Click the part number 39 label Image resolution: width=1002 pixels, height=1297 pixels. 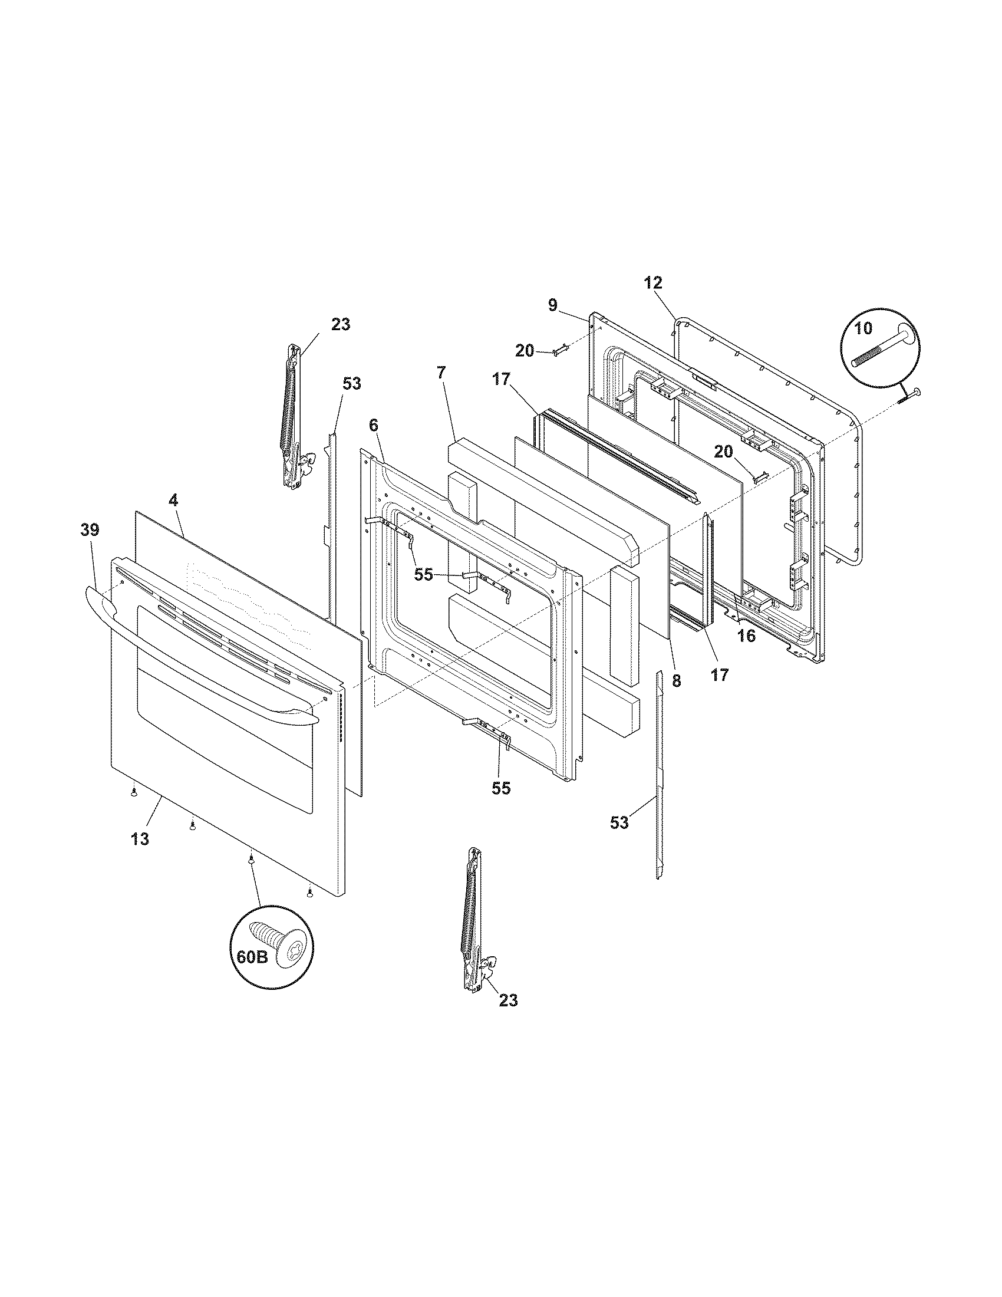coord(90,530)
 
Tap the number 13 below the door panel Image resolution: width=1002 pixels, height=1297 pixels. coord(141,839)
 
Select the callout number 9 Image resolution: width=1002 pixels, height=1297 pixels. coord(553,305)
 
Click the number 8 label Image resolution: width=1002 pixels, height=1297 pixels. coord(677,681)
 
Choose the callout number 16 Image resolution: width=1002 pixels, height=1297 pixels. coord(746,636)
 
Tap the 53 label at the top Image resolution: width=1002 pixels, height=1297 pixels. coord(351,384)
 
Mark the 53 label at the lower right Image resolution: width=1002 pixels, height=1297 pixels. coord(619,823)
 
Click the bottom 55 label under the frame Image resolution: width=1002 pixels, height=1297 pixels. coord(501,788)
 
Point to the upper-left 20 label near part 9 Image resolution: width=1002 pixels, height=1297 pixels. coord(525,351)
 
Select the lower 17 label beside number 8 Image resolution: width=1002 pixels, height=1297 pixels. coord(720,674)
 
